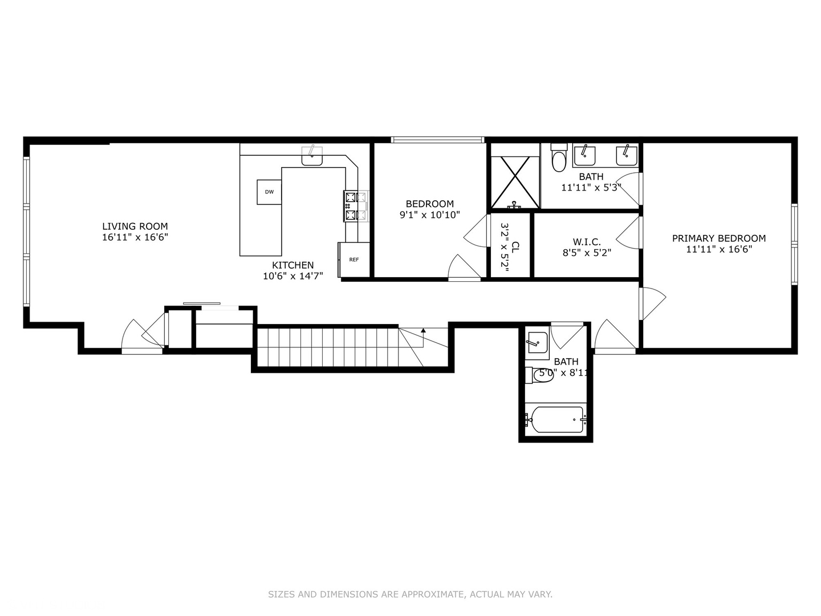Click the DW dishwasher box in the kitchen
tap(269, 192)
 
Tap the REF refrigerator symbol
tap(354, 260)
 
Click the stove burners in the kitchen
tap(350, 206)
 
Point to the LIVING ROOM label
tap(135, 226)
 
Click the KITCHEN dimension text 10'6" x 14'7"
tap(292, 276)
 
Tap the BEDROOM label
tap(430, 204)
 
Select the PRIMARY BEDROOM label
tap(718, 238)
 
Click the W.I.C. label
tap(587, 242)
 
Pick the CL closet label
tap(515, 247)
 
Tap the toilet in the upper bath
tap(559, 160)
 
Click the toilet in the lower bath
tap(541, 375)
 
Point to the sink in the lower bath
tap(536, 342)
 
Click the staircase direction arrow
tap(423, 330)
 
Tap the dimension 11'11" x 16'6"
tap(718, 249)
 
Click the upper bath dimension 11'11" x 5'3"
tap(591, 188)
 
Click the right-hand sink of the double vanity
tap(626, 153)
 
